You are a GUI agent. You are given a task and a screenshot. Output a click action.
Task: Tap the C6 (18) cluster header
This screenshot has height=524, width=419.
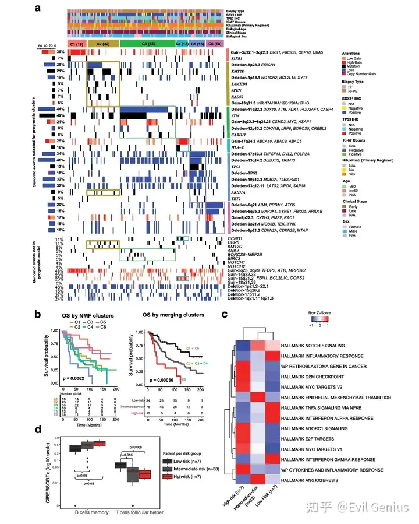pos(215,44)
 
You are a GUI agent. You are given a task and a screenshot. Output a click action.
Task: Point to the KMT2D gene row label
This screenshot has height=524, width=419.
pos(237,70)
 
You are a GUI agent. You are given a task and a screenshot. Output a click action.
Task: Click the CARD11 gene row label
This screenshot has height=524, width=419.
pos(237,134)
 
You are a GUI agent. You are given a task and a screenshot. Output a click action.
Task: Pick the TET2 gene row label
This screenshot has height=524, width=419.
pos(236,198)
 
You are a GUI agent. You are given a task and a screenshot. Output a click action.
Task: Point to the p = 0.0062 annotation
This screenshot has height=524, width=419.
pos(70,371)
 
